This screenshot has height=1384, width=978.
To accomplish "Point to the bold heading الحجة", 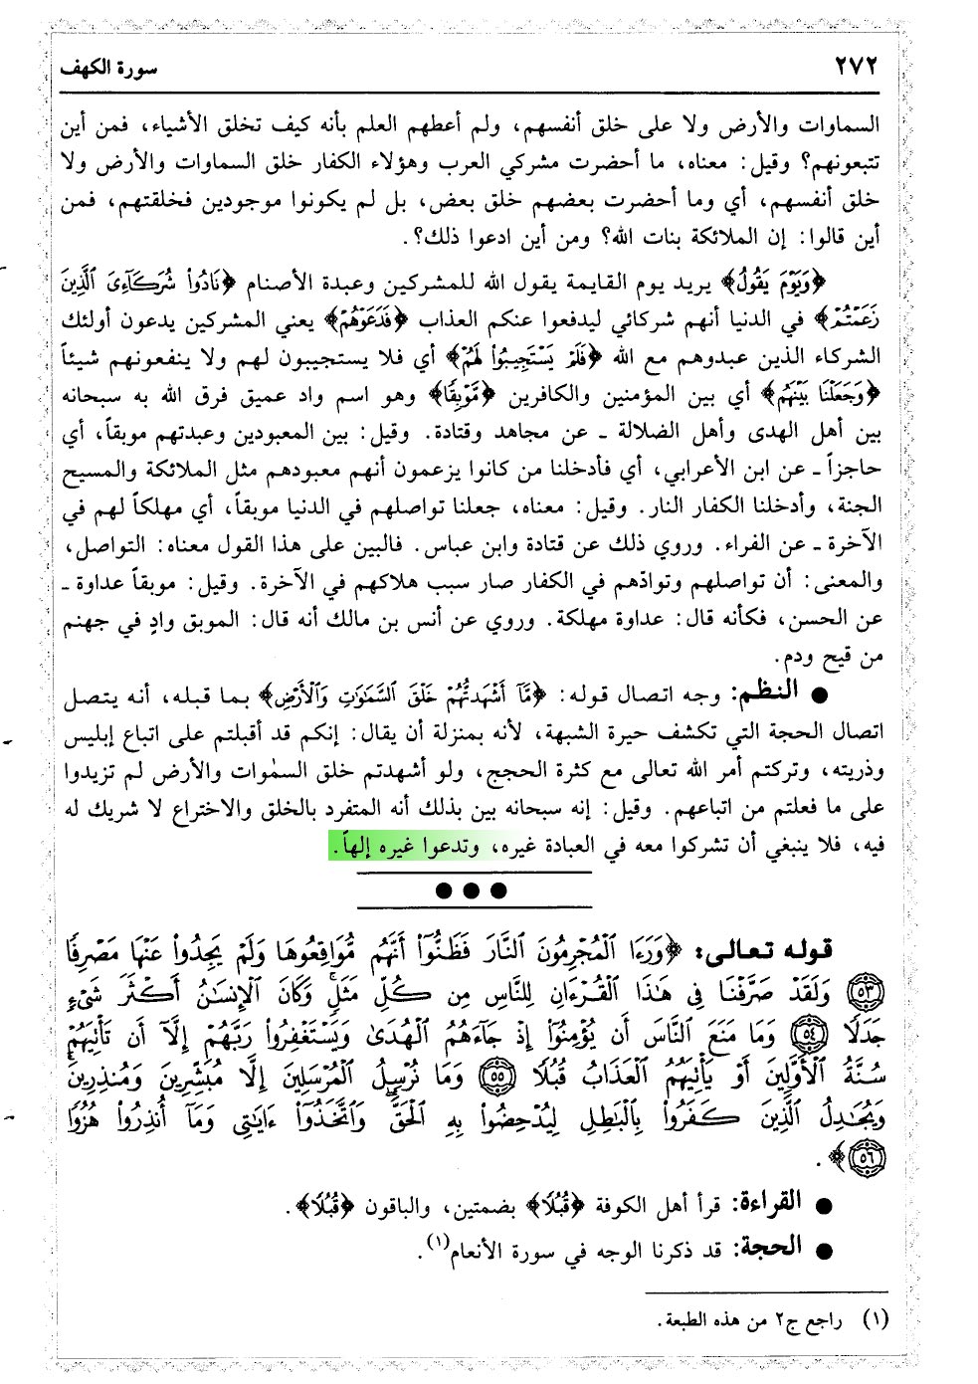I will pos(767,1247).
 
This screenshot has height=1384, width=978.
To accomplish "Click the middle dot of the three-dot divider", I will pos(471,890).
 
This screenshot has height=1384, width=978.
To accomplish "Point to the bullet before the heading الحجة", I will pos(822,1250).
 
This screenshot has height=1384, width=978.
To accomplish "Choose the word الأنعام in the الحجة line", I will pos(485,1250).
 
